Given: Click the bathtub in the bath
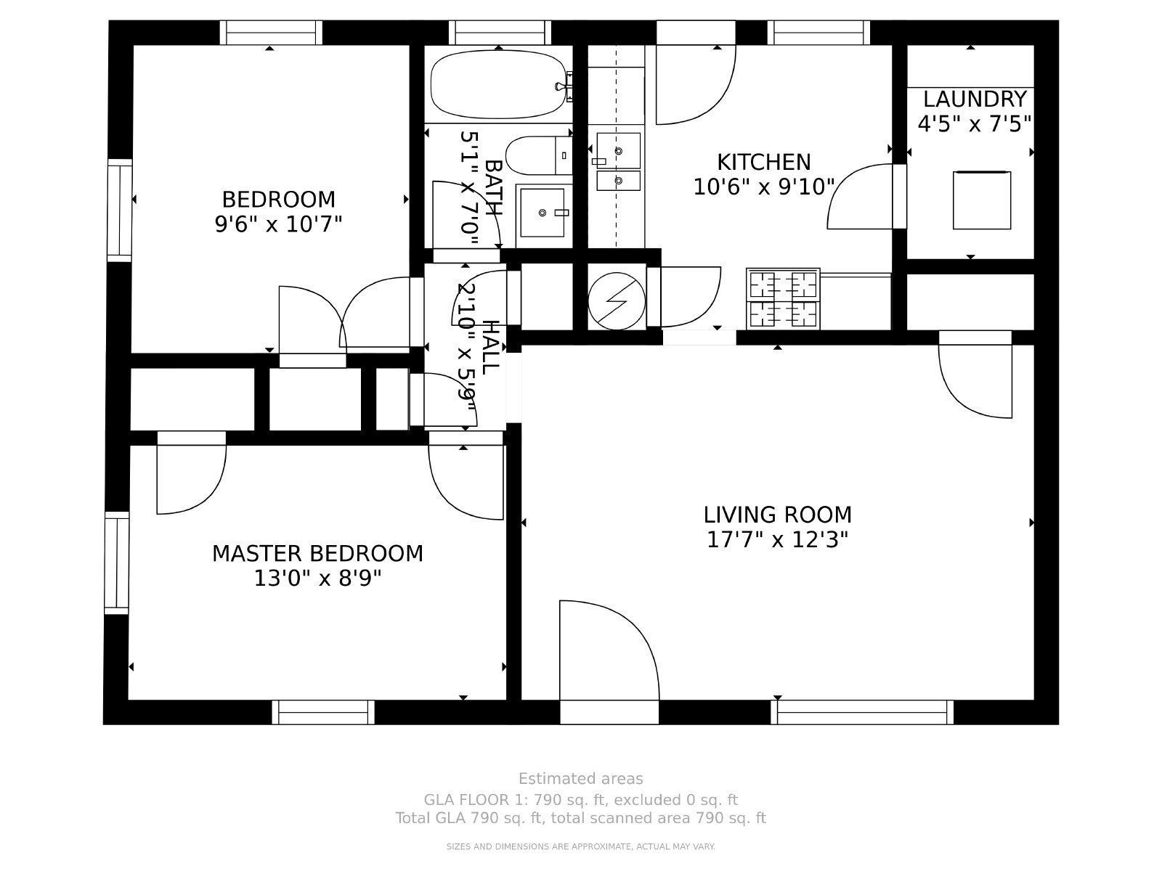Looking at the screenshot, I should (x=498, y=84).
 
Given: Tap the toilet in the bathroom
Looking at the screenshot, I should (x=537, y=155).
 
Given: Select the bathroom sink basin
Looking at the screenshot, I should (x=543, y=213).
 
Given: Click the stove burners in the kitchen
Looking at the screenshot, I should (x=783, y=299).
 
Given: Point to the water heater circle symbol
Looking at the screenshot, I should (x=617, y=300).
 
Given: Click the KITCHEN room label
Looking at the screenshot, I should (x=763, y=162).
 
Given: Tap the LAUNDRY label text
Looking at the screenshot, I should (x=974, y=99).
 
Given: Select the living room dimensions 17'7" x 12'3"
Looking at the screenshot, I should (x=777, y=540).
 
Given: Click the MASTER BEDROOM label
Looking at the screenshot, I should (x=317, y=554).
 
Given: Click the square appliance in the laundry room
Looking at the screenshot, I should (x=981, y=200).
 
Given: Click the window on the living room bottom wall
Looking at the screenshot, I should (x=862, y=712).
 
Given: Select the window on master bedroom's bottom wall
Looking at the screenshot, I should (x=323, y=712).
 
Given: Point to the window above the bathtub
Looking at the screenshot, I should (x=499, y=33).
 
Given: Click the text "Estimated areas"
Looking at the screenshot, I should (x=580, y=779).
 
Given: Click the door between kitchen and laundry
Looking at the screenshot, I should (x=864, y=196).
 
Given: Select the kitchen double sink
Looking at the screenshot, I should (x=618, y=160).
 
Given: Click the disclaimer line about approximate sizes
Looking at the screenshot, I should (x=580, y=846).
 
